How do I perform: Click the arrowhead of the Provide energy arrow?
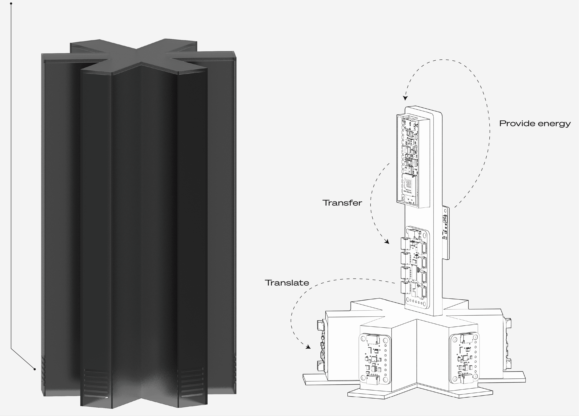point(405,98)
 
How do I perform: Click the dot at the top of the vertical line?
point(11,4)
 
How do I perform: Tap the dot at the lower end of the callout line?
point(35,369)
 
